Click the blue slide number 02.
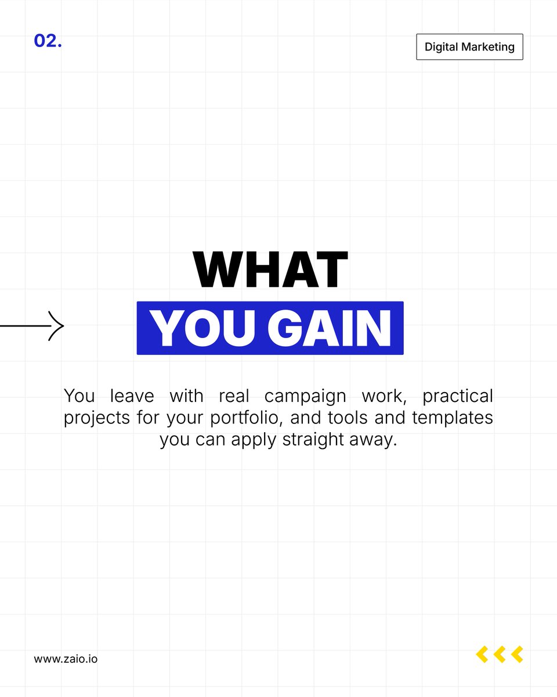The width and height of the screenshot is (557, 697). [48, 41]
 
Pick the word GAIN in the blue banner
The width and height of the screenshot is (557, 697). [329, 329]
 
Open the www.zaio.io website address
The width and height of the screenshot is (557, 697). [66, 659]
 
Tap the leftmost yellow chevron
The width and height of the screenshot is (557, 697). [482, 655]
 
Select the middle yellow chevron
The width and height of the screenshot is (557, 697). [499, 655]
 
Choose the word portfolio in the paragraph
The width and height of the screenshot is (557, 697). [241, 418]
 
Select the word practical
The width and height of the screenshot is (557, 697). [457, 397]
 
